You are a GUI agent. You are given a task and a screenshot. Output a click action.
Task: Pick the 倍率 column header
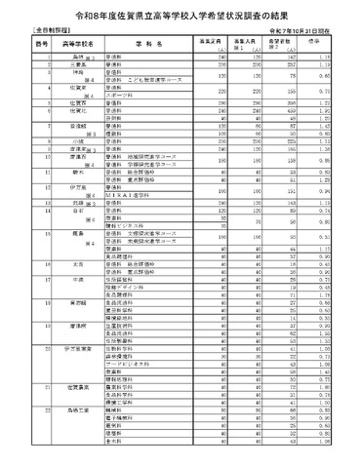(x=331, y=44)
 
